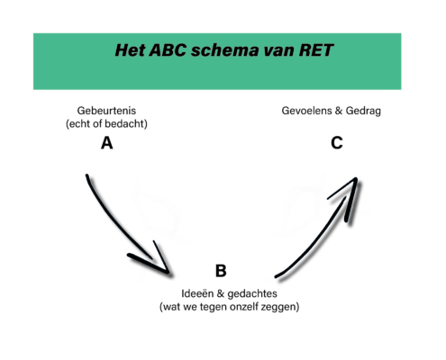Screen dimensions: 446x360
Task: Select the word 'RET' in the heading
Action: (x=316, y=50)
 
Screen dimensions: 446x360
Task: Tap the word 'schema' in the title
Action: (x=224, y=50)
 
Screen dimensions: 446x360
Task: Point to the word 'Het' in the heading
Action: (x=130, y=50)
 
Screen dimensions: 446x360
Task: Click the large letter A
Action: (x=107, y=143)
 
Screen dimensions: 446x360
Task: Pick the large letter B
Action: (x=221, y=271)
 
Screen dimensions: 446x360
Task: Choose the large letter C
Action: (x=337, y=143)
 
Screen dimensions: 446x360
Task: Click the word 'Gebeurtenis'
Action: (x=106, y=111)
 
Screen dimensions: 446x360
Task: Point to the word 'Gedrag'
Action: (x=363, y=112)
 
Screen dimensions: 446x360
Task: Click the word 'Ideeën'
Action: (x=197, y=293)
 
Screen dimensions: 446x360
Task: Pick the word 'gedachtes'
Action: (x=252, y=293)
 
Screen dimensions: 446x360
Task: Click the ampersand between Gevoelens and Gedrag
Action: (x=339, y=111)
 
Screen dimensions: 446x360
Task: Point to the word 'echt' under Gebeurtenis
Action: (x=78, y=123)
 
